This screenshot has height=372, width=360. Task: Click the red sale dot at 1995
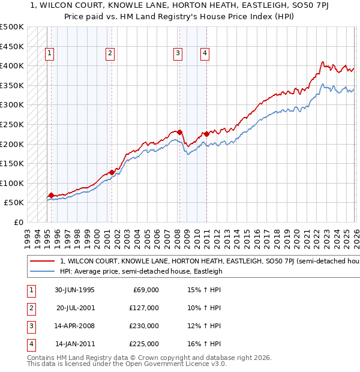(x=51, y=195)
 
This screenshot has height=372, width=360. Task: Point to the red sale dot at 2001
(x=112, y=172)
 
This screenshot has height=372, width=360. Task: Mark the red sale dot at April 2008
(x=179, y=132)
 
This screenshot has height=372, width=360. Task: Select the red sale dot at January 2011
(x=206, y=134)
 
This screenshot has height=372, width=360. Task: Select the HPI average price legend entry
(x=141, y=271)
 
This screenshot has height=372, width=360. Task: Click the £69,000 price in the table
(x=145, y=290)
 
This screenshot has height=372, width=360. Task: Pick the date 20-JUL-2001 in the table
(x=75, y=308)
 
